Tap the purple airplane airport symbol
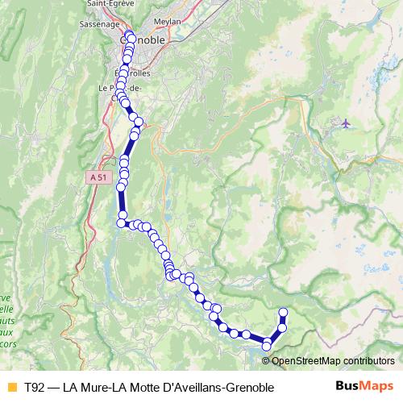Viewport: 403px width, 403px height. (346, 123)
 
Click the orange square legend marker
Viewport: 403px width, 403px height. (11, 388)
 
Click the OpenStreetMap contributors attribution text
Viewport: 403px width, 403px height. (333, 360)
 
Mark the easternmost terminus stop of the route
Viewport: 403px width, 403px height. (283, 313)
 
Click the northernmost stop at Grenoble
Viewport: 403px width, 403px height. (131, 38)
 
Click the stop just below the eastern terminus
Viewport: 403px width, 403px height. (282, 326)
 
